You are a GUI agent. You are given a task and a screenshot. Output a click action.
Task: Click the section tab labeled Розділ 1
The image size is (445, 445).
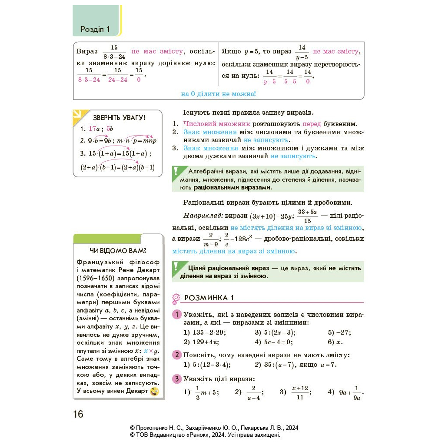(x=96, y=29)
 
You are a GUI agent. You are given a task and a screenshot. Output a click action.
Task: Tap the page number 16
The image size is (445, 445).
(x=78, y=414)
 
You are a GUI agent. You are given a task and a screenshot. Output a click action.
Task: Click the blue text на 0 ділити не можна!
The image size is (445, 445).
(x=218, y=93)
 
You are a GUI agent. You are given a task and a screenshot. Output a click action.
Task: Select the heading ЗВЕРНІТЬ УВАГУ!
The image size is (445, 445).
(x=119, y=118)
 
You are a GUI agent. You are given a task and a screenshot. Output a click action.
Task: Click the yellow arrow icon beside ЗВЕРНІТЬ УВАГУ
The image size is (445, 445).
(x=79, y=114)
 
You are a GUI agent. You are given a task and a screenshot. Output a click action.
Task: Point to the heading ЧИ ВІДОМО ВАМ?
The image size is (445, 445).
(x=118, y=251)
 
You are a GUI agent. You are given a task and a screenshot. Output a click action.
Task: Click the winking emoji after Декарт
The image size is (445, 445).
(x=154, y=392)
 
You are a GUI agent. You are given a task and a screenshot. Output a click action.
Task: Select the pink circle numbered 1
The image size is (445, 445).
(x=177, y=315)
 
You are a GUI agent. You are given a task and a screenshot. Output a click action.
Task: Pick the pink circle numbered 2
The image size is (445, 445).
(x=177, y=355)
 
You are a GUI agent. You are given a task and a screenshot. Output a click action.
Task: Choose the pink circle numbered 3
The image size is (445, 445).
(x=177, y=379)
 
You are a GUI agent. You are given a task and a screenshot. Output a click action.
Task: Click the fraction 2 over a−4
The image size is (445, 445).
(x=253, y=392)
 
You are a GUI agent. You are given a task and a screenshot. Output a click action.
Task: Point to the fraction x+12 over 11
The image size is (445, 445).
(x=300, y=392)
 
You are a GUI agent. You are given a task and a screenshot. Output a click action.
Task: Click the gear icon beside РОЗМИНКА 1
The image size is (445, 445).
(x=176, y=298)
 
